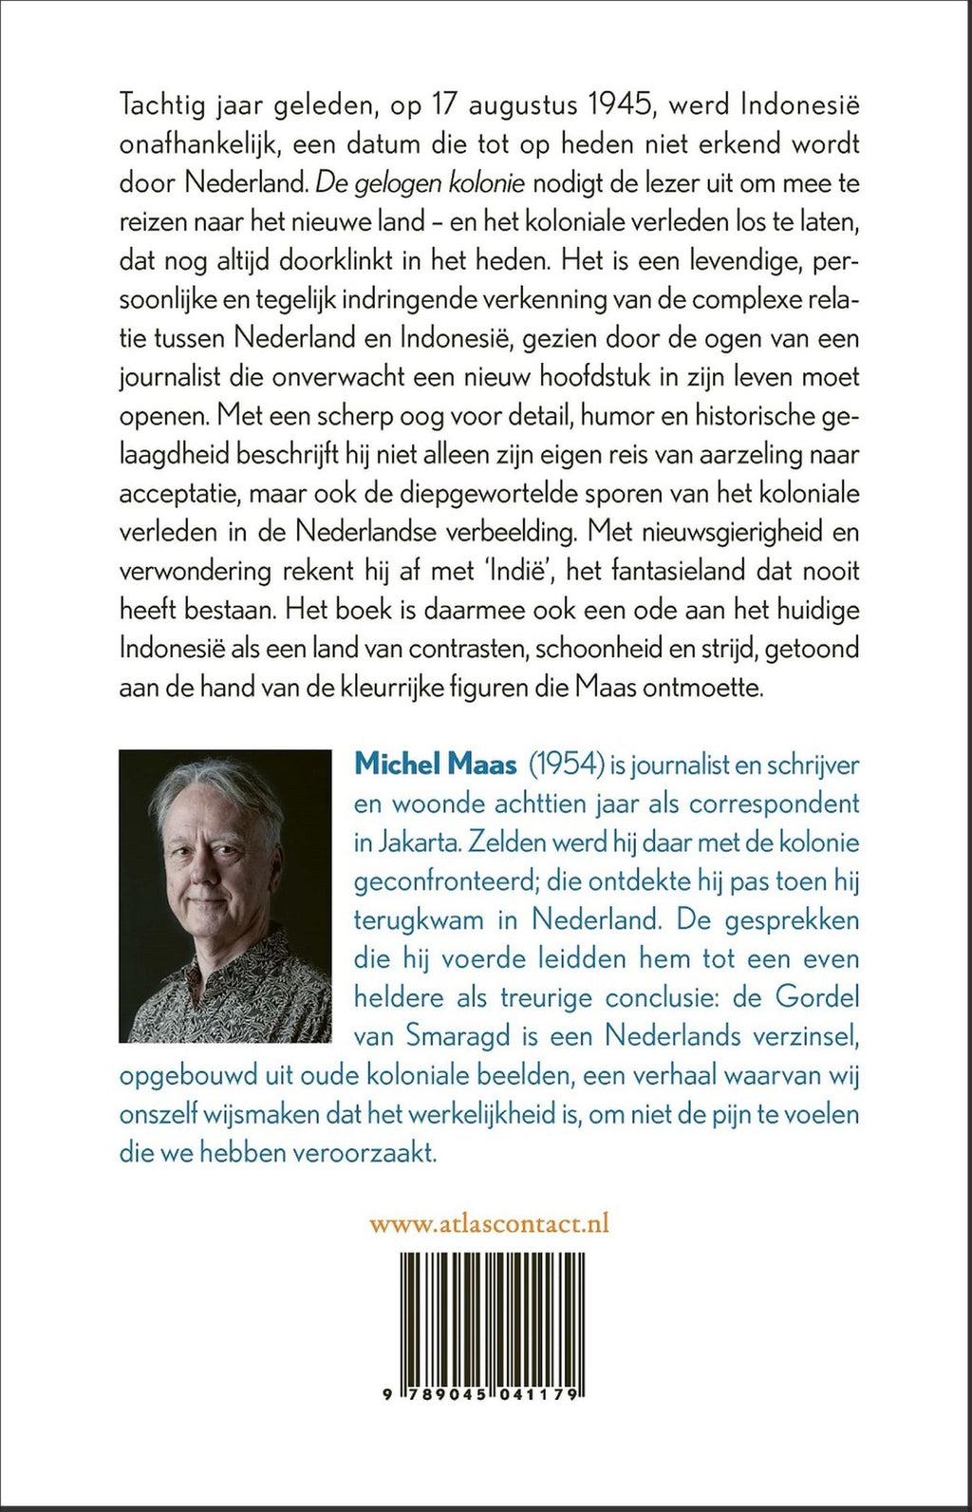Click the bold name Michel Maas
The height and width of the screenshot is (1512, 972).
point(436,765)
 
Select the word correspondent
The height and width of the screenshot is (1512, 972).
point(774,803)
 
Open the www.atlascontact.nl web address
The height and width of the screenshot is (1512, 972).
point(489,1223)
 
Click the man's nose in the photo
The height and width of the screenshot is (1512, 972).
point(196,874)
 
